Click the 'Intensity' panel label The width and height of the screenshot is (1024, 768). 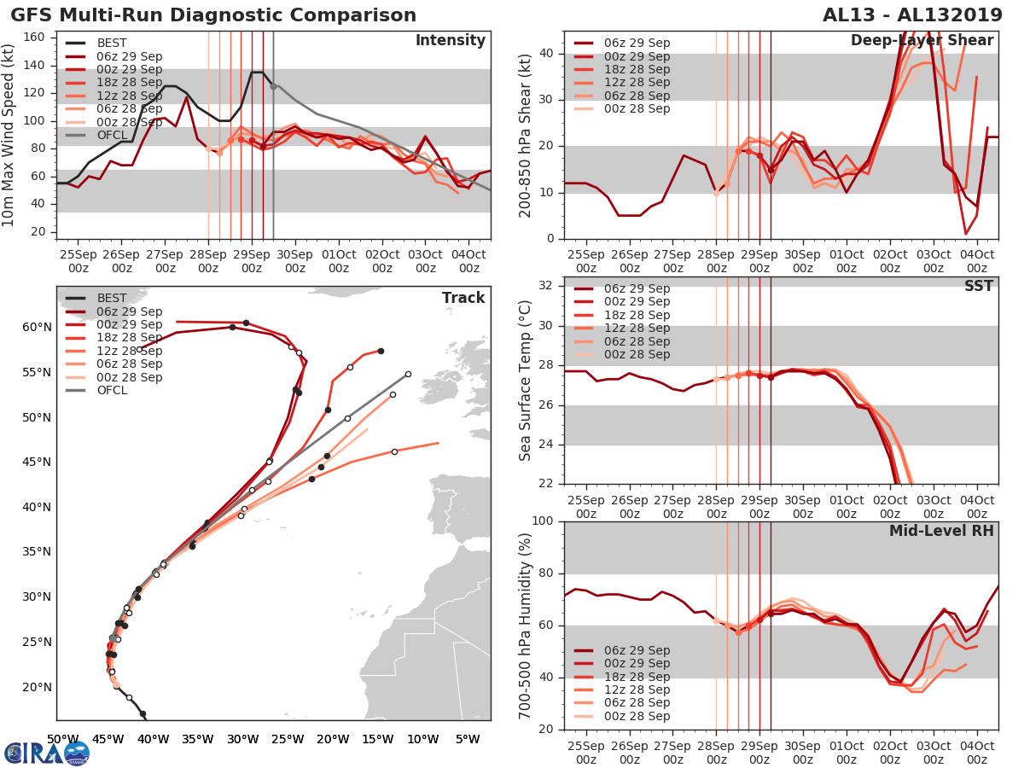tap(450, 41)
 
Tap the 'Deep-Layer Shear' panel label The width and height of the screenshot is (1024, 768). tap(922, 41)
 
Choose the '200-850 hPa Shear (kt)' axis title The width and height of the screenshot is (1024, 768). tap(527, 135)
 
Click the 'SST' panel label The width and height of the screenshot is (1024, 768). tap(978, 286)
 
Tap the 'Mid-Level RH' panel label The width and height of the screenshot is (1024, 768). tap(942, 531)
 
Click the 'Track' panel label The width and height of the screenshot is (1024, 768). tap(463, 298)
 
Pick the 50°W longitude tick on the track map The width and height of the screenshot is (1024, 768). tap(61, 739)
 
